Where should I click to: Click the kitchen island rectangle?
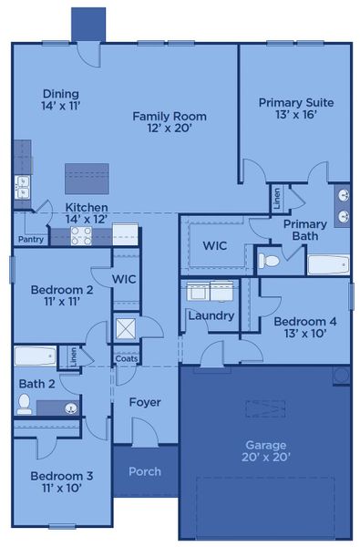[x=87, y=178]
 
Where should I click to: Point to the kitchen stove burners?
[x=80, y=236]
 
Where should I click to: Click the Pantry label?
[x=30, y=240]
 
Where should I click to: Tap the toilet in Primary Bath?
[x=269, y=261]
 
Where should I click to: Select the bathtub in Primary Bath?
[x=327, y=264]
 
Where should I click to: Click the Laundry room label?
[x=211, y=315]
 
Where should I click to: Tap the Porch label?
[x=145, y=471]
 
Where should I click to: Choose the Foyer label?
[x=144, y=402]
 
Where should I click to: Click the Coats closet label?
[x=126, y=358]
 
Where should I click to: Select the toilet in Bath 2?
[x=26, y=404]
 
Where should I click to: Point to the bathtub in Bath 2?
[x=35, y=356]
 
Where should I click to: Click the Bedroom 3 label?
[x=62, y=481]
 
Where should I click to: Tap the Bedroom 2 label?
[x=62, y=295]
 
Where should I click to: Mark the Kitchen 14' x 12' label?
[x=87, y=213]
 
